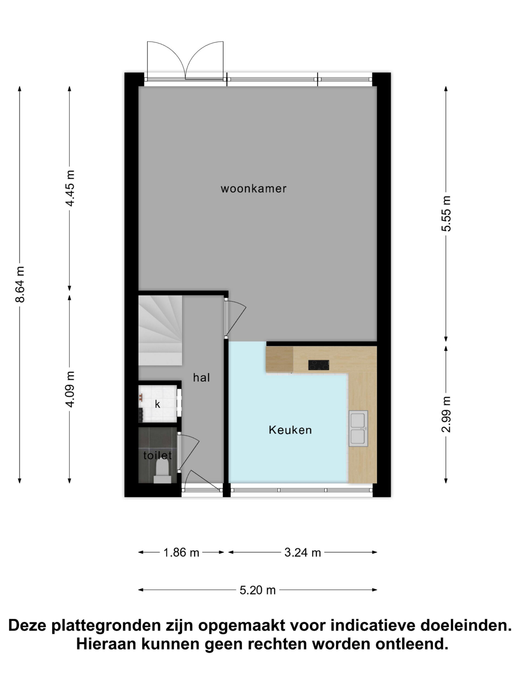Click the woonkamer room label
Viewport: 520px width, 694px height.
(x=253, y=189)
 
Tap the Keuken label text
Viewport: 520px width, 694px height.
(x=290, y=430)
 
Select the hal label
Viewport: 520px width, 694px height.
(x=201, y=377)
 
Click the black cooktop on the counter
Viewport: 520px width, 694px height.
(x=318, y=365)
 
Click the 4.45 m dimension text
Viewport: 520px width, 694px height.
(x=70, y=188)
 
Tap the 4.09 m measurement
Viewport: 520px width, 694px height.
(x=70, y=389)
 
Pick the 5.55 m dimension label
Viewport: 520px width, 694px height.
(x=446, y=214)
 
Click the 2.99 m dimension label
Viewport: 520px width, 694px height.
(x=446, y=414)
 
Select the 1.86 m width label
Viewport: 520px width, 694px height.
(x=181, y=552)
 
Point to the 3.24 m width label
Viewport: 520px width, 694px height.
(x=303, y=552)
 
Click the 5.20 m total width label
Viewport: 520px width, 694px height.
(x=257, y=590)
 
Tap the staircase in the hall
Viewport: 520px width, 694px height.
(x=160, y=330)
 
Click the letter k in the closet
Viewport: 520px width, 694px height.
(x=158, y=404)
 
